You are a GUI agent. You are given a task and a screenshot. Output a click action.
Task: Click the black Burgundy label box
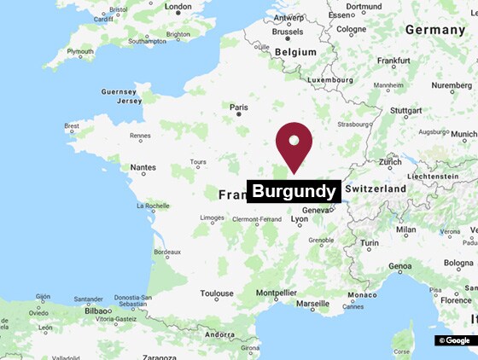coord(294,191)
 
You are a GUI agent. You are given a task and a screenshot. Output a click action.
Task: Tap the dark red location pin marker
coord(294,145)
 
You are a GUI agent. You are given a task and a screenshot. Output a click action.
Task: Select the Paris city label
coord(239,107)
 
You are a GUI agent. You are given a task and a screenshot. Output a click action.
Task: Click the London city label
coord(178,7)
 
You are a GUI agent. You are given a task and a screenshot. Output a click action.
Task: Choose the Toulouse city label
coord(217,293)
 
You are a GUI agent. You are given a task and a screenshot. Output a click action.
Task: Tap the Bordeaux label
coord(166,253)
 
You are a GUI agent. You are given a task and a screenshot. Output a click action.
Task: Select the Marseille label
coord(312,304)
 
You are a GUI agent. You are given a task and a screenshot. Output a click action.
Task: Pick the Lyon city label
coord(300,219)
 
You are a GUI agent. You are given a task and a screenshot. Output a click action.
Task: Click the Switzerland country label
coord(375,188)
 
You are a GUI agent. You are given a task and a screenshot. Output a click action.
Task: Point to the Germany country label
coord(435,29)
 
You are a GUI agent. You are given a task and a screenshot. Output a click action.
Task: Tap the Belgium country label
coord(296,52)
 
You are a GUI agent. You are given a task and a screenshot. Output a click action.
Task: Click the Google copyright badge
coord(453,340)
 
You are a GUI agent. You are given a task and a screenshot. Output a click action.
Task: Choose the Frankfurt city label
coord(393,61)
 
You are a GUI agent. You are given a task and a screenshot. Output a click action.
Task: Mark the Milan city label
coord(405,229)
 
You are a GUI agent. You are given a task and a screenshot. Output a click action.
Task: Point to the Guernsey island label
coord(119,91)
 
